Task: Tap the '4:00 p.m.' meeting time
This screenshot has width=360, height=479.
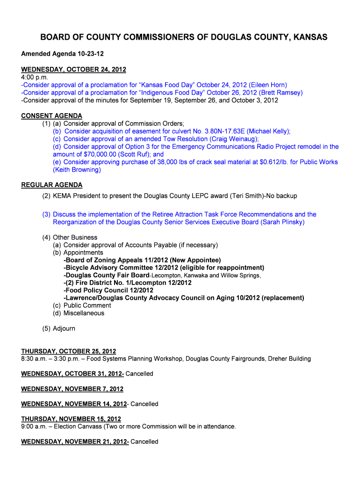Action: click(35, 77)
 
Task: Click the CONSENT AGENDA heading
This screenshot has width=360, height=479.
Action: click(52, 116)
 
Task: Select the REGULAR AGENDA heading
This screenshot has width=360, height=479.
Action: click(52, 185)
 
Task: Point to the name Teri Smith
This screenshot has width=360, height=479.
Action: click(245, 196)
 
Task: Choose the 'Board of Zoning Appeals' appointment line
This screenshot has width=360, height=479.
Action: click(142, 260)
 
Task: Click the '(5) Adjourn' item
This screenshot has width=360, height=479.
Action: click(58, 328)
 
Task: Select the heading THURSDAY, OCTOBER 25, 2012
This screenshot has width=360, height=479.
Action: click(69, 351)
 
